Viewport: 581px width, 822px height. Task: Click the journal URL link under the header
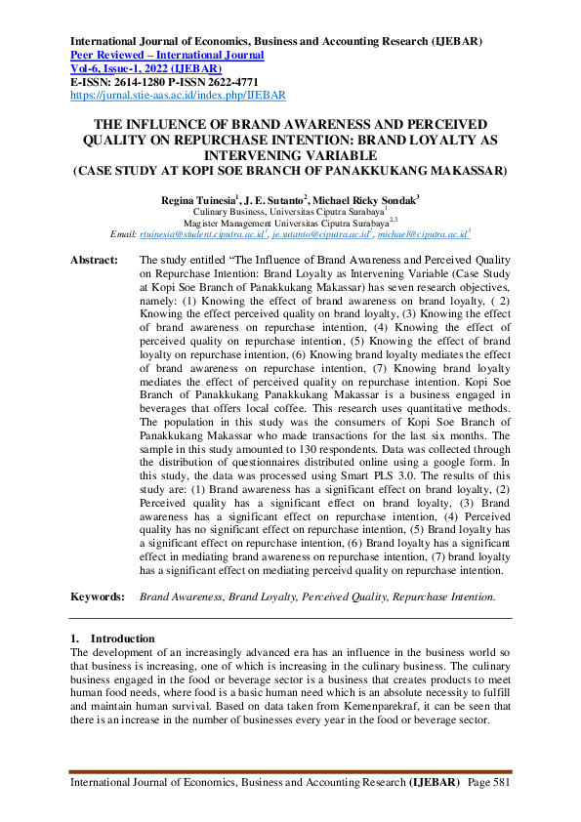pyautogui.click(x=178, y=96)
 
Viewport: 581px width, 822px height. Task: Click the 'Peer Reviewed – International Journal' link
pyautogui.click(x=167, y=56)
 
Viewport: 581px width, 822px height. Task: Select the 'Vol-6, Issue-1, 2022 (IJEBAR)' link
pyautogui.click(x=145, y=69)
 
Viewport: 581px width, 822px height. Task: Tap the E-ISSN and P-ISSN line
pyautogui.click(x=164, y=83)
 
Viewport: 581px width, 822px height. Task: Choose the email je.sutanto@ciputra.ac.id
pyautogui.click(x=319, y=234)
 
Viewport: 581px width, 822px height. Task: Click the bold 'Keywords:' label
pyautogui.click(x=98, y=595)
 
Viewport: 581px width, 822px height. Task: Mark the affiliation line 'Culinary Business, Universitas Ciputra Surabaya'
pyautogui.click(x=289, y=211)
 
